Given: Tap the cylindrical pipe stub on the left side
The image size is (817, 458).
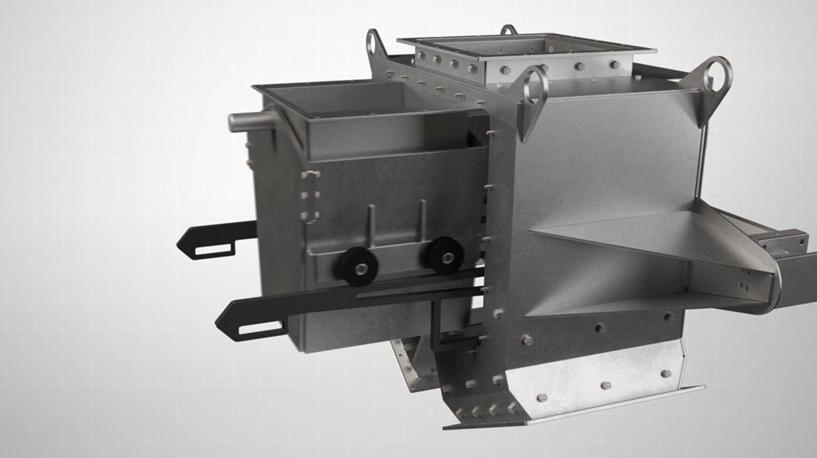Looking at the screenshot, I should [x=245, y=122].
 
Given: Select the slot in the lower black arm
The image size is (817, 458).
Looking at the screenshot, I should [x=261, y=329].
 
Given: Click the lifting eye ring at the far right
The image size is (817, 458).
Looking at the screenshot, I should [x=716, y=74].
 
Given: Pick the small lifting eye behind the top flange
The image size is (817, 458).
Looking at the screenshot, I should [x=508, y=30].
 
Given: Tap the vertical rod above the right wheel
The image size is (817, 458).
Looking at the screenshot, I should [x=423, y=219].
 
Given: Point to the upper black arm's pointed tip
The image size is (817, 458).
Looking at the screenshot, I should [x=180, y=245].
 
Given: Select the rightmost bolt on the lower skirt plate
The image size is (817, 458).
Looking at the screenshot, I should [x=665, y=374].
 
